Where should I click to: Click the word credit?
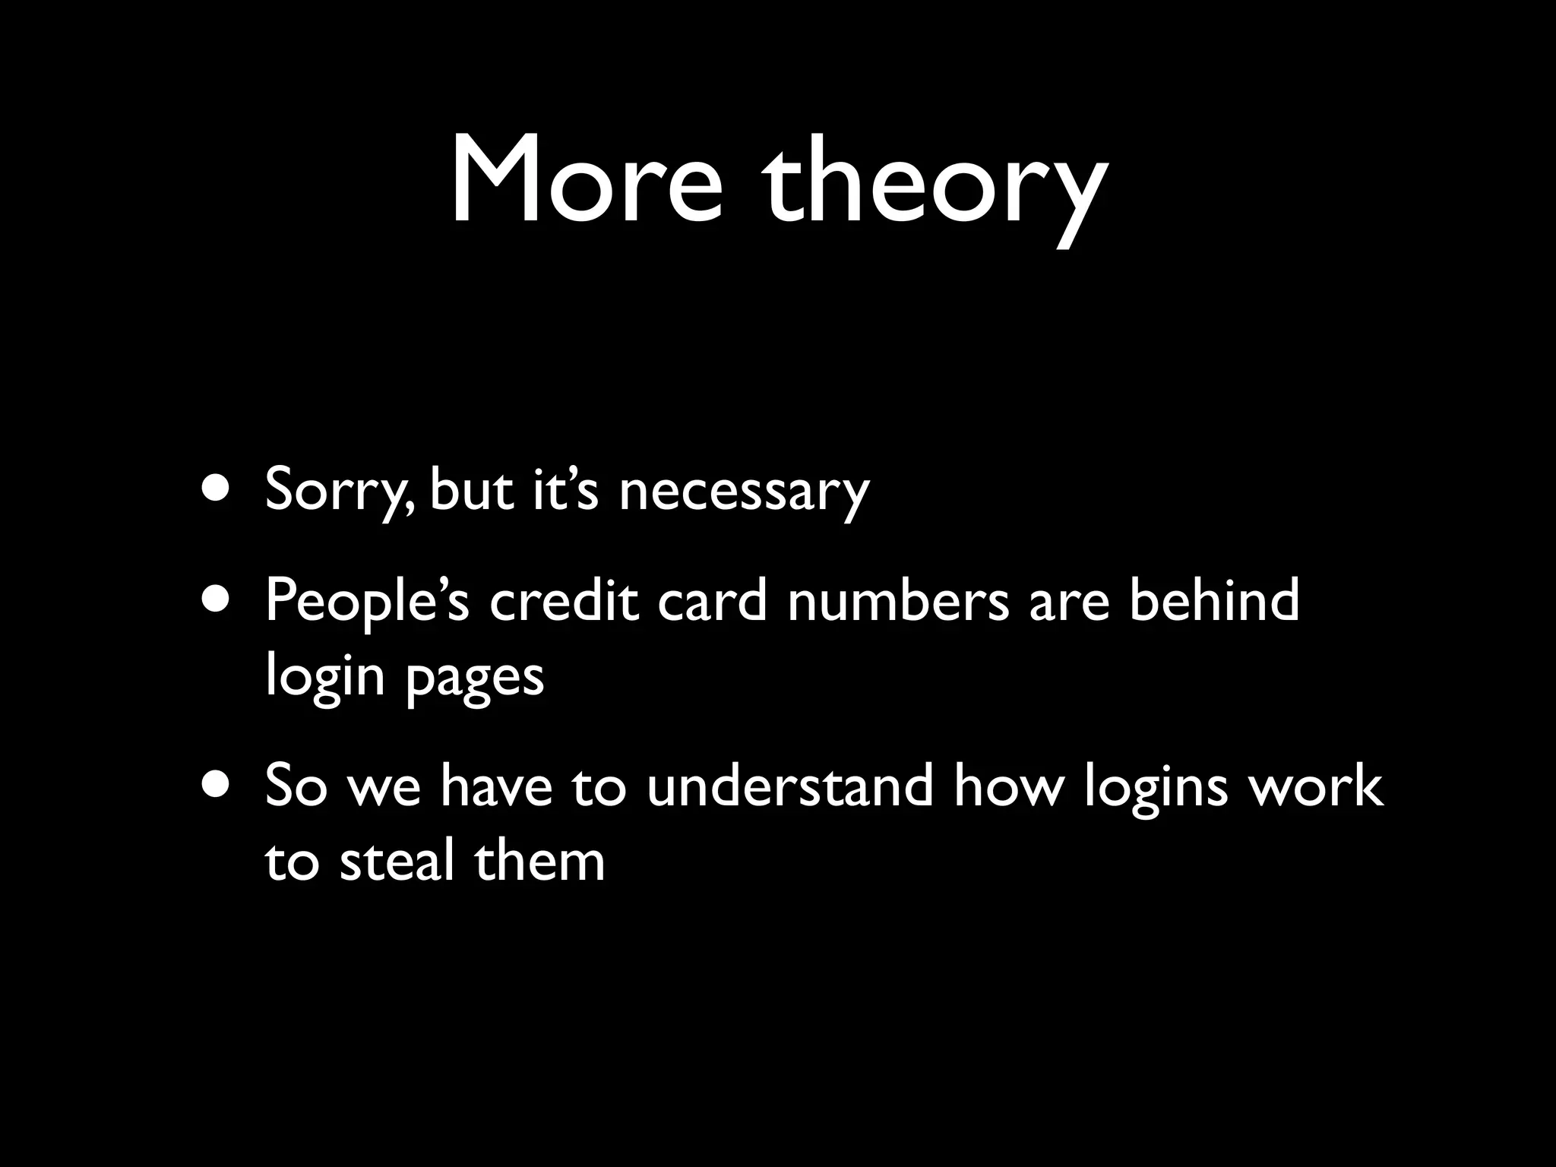click(563, 600)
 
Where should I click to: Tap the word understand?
click(789, 786)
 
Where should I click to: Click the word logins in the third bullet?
click(1155, 789)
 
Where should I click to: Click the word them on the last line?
click(539, 862)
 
